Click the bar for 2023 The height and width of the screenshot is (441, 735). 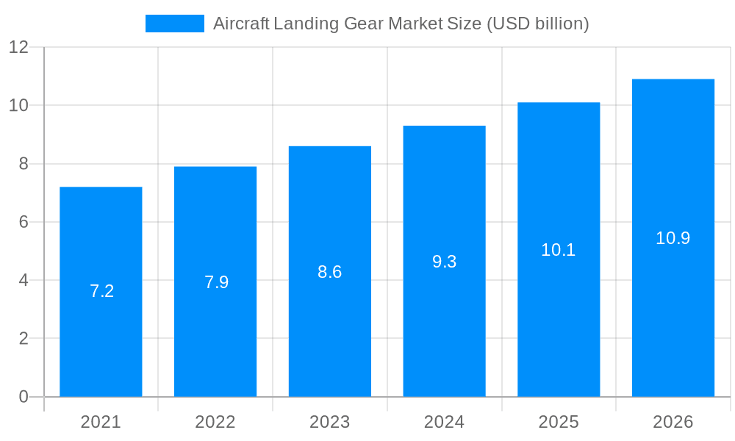pyautogui.click(x=330, y=338)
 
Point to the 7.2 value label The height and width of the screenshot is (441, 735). pyautogui.click(x=102, y=291)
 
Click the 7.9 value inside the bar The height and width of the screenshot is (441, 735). pyautogui.click(x=217, y=282)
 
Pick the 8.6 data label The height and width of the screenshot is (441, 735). pyautogui.click(x=330, y=272)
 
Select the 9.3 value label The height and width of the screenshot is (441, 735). pyautogui.click(x=445, y=262)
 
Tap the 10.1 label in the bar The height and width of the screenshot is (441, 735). pyautogui.click(x=559, y=250)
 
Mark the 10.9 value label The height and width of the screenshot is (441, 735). pyautogui.click(x=673, y=238)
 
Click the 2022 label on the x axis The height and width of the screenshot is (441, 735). pyautogui.click(x=215, y=422)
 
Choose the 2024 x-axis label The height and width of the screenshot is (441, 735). pyautogui.click(x=445, y=422)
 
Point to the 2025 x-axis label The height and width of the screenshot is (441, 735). pyautogui.click(x=559, y=422)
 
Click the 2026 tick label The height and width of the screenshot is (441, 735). pyautogui.click(x=673, y=422)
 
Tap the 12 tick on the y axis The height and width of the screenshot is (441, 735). pyautogui.click(x=18, y=47)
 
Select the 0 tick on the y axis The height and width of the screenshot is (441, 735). pyautogui.click(x=23, y=397)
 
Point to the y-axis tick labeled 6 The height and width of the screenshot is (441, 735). pyautogui.click(x=23, y=222)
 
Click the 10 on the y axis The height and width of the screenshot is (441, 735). pyautogui.click(x=18, y=105)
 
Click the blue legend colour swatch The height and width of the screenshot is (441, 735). pyautogui.click(x=175, y=24)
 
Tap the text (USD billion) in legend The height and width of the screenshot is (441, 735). pyautogui.click(x=538, y=24)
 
